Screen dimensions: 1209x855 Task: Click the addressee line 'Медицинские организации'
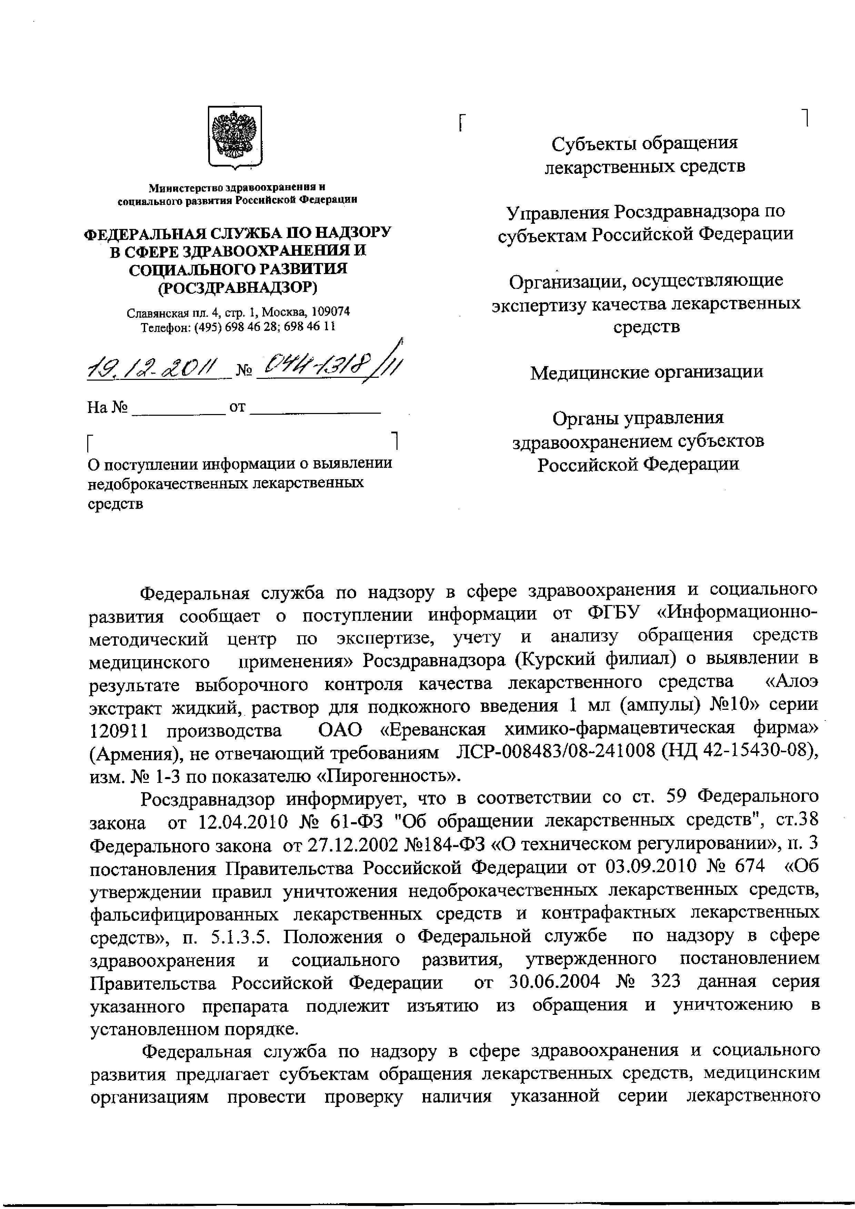pos(646,373)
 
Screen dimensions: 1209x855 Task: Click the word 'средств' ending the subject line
pos(115,504)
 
